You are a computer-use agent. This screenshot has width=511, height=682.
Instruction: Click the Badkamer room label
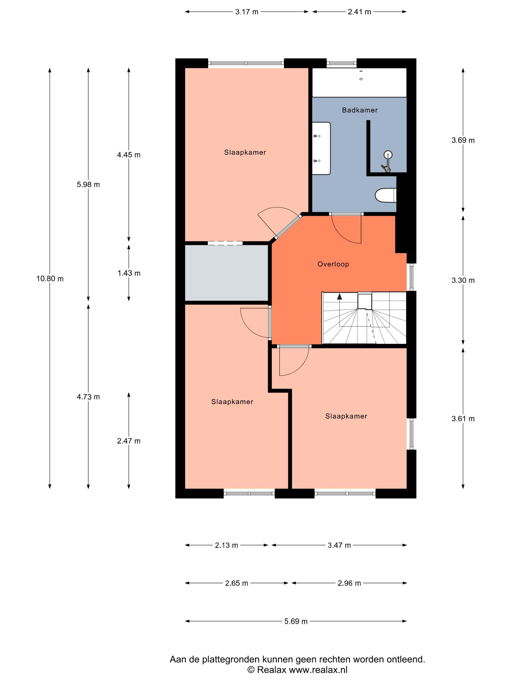[359, 110]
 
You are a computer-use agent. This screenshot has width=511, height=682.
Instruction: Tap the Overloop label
[333, 264]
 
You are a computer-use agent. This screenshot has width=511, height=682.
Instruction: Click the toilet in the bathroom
[385, 195]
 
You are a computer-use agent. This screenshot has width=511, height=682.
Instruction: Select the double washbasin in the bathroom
[321, 148]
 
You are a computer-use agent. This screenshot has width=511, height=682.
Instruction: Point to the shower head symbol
[388, 154]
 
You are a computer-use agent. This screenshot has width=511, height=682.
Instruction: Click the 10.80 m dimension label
[50, 279]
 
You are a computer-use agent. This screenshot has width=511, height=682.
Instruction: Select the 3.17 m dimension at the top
[247, 12]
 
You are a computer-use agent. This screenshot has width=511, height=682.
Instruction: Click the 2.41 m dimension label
[359, 12]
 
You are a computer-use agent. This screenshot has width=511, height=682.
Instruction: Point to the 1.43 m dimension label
[129, 273]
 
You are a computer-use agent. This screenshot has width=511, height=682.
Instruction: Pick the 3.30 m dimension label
[463, 280]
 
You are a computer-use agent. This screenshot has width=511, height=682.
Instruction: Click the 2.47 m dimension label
[129, 441]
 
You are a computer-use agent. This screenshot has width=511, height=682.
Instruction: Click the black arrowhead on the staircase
[339, 297]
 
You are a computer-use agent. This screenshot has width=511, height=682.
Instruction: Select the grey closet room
[226, 273]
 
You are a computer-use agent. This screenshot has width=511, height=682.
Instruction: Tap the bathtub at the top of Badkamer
[359, 83]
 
